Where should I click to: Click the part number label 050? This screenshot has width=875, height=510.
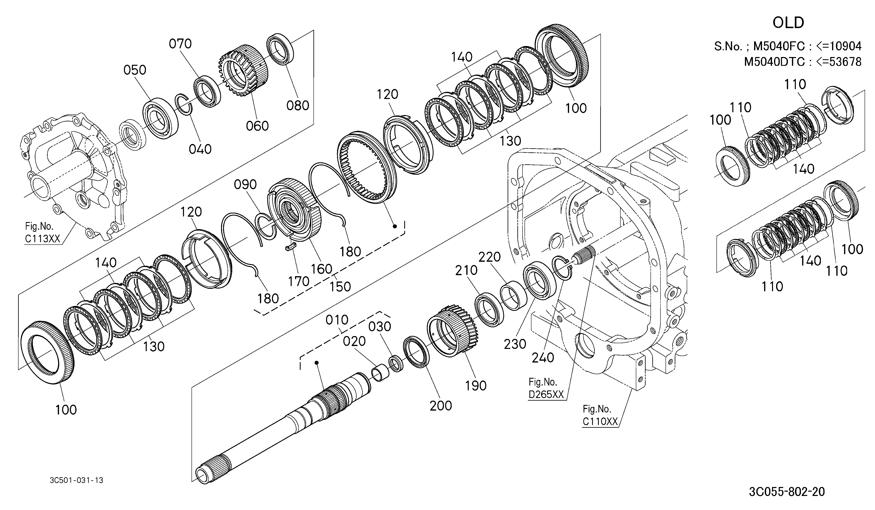point(135,70)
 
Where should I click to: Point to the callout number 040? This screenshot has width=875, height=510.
point(200,149)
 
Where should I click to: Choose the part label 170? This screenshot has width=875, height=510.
point(299,281)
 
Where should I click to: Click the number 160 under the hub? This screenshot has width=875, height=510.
point(322,269)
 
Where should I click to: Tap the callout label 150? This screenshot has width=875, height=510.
point(340,287)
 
